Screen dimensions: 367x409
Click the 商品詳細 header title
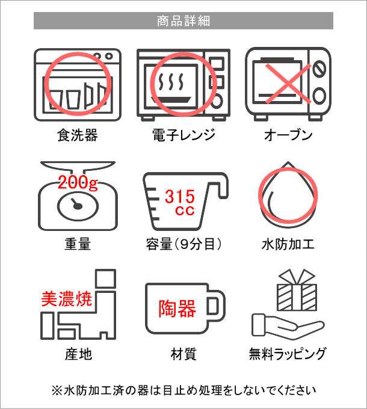183,21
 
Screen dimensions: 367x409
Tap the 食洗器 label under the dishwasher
78,135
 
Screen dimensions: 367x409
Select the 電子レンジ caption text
183,135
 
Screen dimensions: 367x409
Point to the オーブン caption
288,135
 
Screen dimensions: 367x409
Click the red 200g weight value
78,182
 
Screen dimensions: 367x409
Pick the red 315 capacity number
180,197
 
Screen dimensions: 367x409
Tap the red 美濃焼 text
67,299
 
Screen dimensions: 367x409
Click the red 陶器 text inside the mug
177,309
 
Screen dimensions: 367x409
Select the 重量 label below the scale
78,244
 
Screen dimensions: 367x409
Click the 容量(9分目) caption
183,244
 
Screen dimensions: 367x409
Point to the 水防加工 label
288,244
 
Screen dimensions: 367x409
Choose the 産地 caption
78,354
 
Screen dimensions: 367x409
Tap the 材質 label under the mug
183,354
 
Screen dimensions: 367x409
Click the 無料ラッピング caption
288,354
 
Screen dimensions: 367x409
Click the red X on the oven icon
288,84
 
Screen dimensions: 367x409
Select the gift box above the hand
297,290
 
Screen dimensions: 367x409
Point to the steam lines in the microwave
171,81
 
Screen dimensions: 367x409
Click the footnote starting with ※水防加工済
183,390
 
